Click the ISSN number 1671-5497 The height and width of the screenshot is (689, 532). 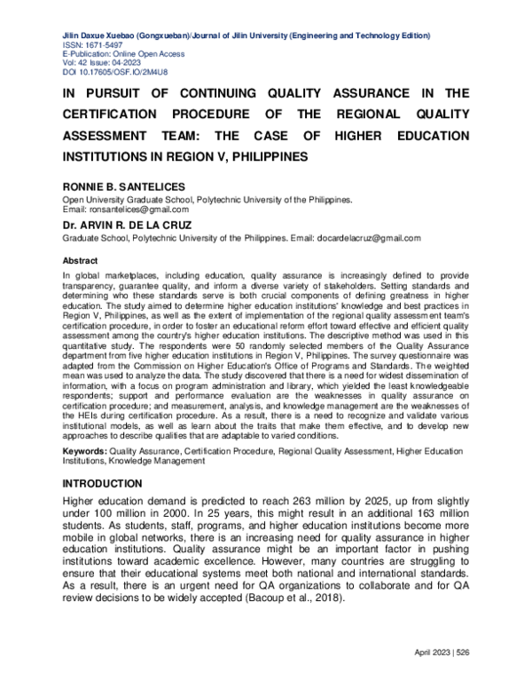pyautogui.click(x=106, y=44)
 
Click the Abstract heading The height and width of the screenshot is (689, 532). pyautogui.click(x=79, y=262)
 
